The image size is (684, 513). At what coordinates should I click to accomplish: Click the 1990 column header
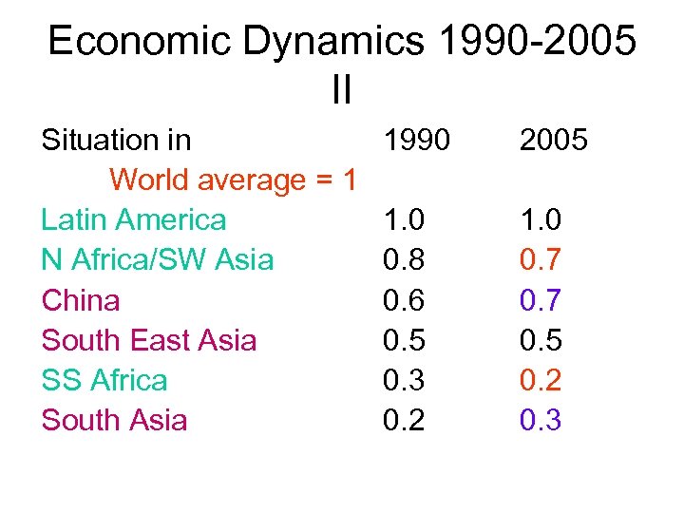pyautogui.click(x=416, y=141)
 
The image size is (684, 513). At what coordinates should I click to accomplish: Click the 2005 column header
pyautogui.click(x=554, y=141)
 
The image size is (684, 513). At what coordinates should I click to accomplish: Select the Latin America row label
pyautogui.click(x=134, y=220)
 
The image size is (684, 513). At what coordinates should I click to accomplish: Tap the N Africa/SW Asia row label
pyautogui.click(x=158, y=260)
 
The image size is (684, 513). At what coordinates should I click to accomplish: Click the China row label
pyautogui.click(x=81, y=300)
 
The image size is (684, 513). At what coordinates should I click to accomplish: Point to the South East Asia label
pyautogui.click(x=149, y=340)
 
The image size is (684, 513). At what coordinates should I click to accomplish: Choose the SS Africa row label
pyautogui.click(x=104, y=380)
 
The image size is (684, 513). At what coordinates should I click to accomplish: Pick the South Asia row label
pyautogui.click(x=114, y=420)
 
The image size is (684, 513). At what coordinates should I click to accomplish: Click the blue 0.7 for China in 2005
pyautogui.click(x=541, y=300)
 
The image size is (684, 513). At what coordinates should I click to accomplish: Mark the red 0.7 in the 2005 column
pyautogui.click(x=541, y=260)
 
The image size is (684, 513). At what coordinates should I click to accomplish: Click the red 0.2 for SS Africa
pyautogui.click(x=541, y=380)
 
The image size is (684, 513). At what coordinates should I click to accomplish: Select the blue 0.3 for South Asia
pyautogui.click(x=541, y=420)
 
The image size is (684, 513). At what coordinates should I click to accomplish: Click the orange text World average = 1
pyautogui.click(x=233, y=180)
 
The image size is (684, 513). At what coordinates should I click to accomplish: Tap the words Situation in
pyautogui.click(x=116, y=141)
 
